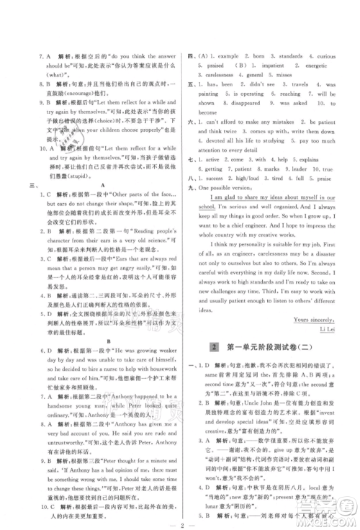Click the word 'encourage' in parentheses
click(x=84, y=93)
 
